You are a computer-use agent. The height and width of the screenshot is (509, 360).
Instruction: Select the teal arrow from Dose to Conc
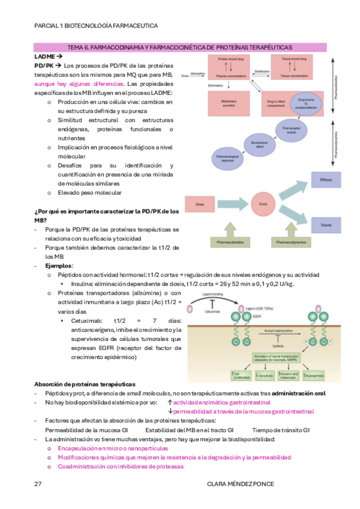[235, 204]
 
